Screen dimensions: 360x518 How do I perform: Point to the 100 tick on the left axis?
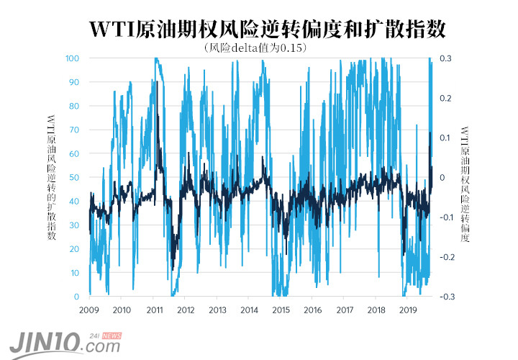[x=72, y=58]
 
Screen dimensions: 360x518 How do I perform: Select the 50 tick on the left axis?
[x=74, y=177]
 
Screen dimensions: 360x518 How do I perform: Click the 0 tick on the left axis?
[x=76, y=297]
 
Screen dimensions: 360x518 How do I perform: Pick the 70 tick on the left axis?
[x=74, y=130]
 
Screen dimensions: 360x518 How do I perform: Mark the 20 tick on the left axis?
[x=74, y=249]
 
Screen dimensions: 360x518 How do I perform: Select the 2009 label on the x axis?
[x=88, y=310]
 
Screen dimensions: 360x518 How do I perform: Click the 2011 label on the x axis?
[x=153, y=310]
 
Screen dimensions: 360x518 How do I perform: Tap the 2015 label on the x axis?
[x=281, y=310]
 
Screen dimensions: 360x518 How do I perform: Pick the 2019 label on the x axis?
[x=408, y=310]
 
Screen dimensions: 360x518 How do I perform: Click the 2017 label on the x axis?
[x=345, y=310]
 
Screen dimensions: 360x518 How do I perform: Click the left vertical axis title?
[x=52, y=177]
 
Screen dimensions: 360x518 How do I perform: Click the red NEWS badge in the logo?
[x=112, y=336]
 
